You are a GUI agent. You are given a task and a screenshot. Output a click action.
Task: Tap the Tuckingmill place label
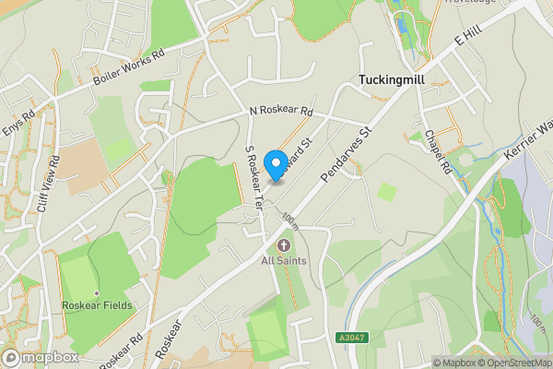[x=397, y=80]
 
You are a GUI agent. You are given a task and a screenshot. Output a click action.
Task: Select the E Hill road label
[x=469, y=38]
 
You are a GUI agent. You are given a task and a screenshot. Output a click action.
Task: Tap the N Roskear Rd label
[x=281, y=113]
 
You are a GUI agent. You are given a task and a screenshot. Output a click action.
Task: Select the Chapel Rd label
[x=438, y=149]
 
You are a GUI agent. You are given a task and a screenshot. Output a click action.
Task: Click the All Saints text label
[x=284, y=261]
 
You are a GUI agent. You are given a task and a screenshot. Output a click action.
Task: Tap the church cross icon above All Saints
[x=284, y=244]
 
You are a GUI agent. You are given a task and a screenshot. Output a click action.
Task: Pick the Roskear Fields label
[x=97, y=305]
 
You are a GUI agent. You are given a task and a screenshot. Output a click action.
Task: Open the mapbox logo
[x=41, y=357]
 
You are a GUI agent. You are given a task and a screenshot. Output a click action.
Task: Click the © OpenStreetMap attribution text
[x=513, y=363]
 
